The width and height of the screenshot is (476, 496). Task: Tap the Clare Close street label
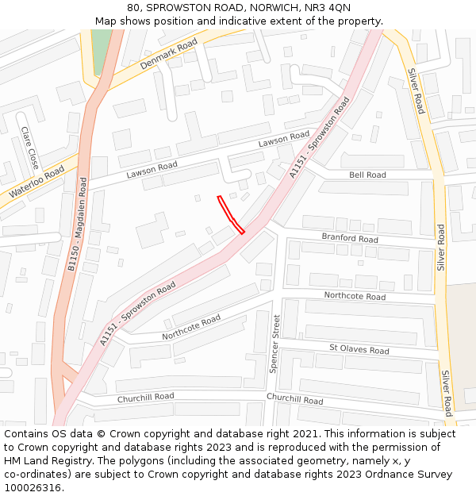(x=29, y=148)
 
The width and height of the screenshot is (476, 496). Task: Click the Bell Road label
(x=367, y=175)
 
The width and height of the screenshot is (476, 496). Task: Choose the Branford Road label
(x=349, y=238)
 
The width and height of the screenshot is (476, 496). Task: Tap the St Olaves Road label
(x=359, y=349)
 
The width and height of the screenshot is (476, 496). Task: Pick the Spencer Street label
(x=275, y=344)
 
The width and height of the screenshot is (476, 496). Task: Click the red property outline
(x=230, y=214)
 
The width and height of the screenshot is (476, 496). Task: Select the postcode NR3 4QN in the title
(x=328, y=7)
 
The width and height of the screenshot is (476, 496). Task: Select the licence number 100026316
(x=33, y=487)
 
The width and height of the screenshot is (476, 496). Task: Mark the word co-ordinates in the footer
(x=33, y=475)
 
